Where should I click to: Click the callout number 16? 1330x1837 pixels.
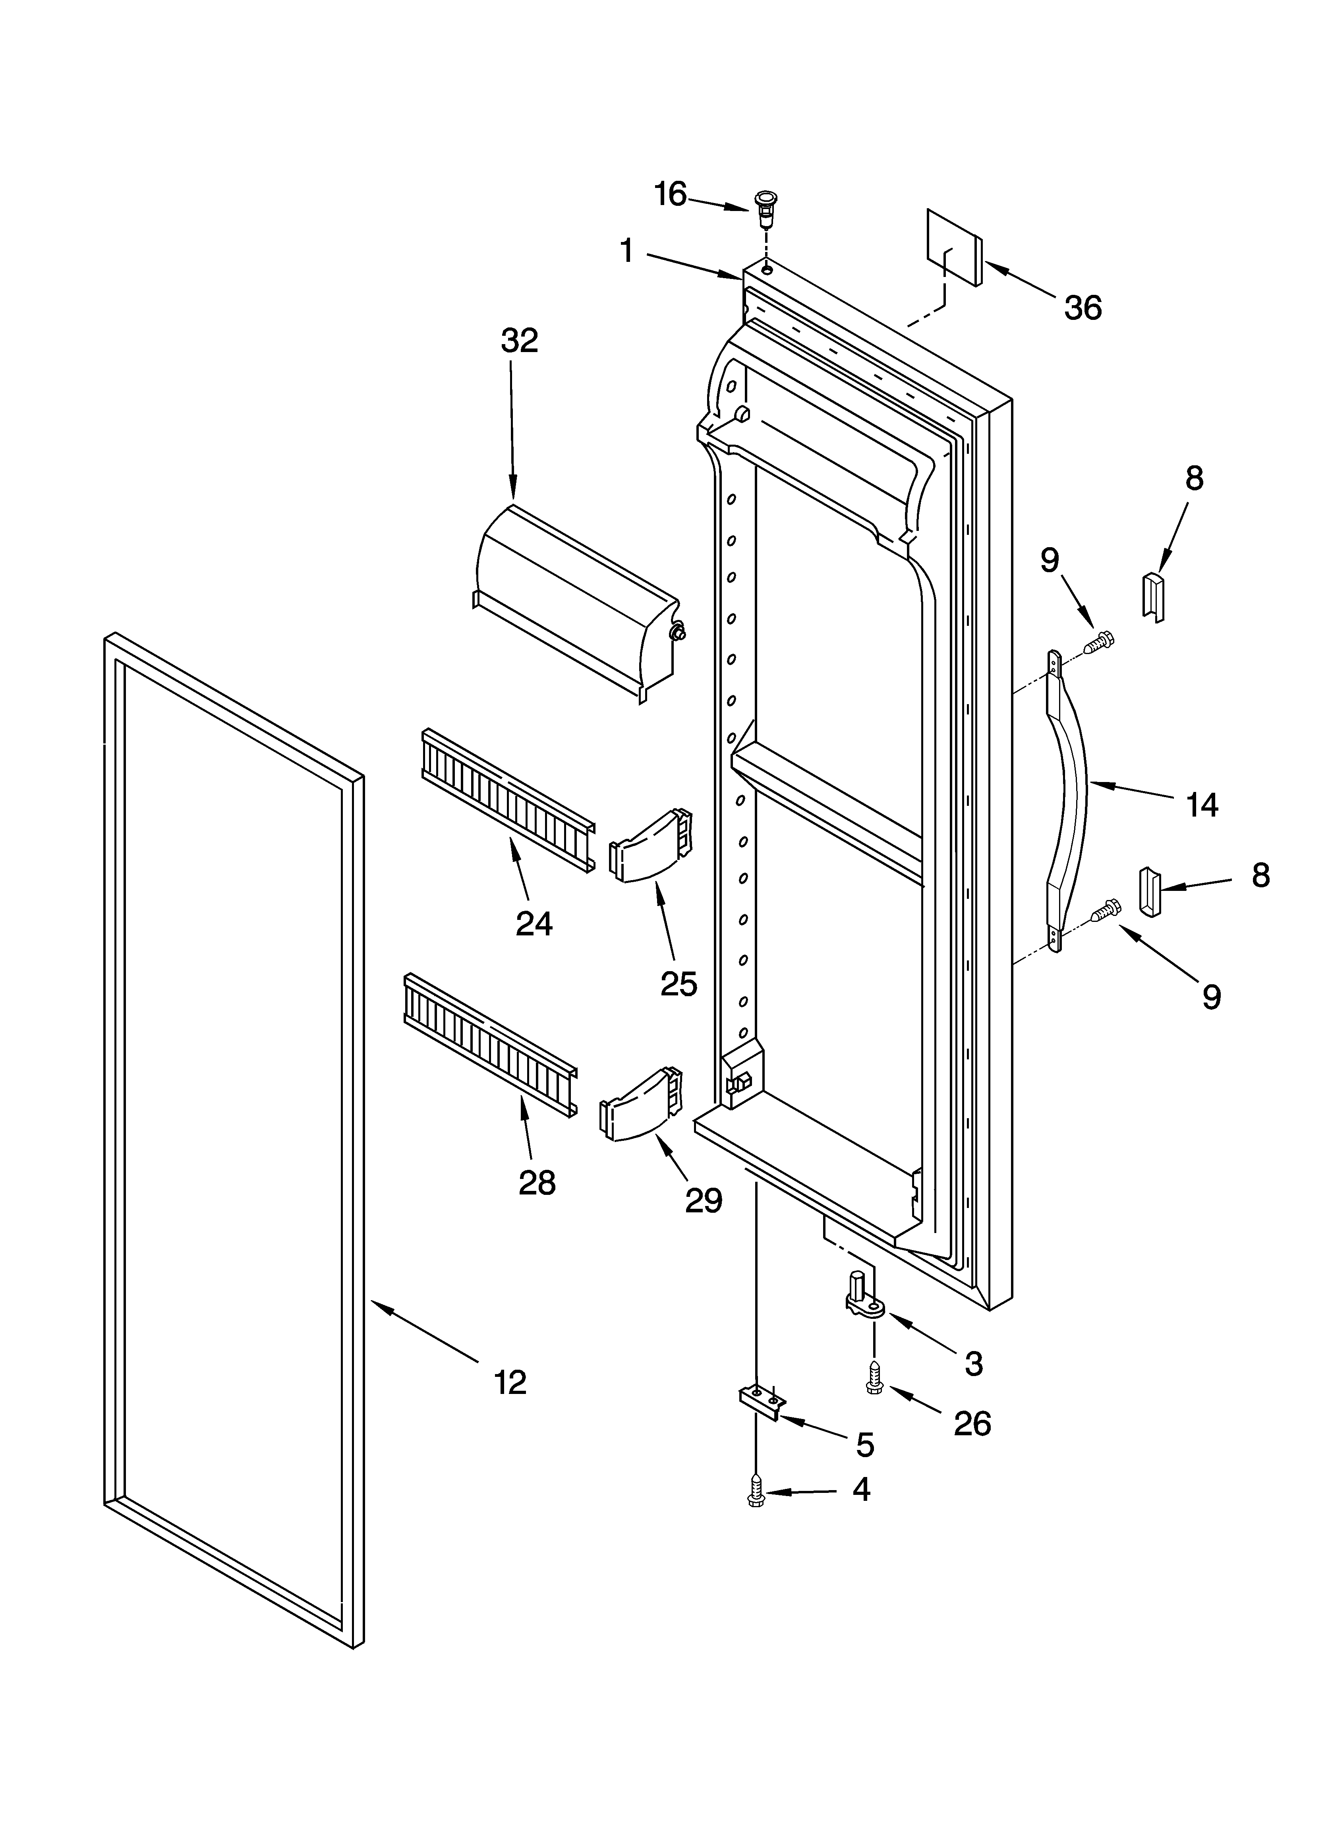671,194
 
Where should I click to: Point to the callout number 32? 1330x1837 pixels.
519,341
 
